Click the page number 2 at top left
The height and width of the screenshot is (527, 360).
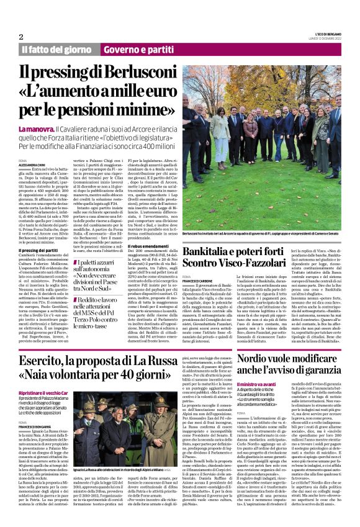(x=21, y=37)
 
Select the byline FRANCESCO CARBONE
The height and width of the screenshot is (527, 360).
(x=197, y=280)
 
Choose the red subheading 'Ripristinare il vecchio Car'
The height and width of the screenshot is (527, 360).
(x=46, y=394)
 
